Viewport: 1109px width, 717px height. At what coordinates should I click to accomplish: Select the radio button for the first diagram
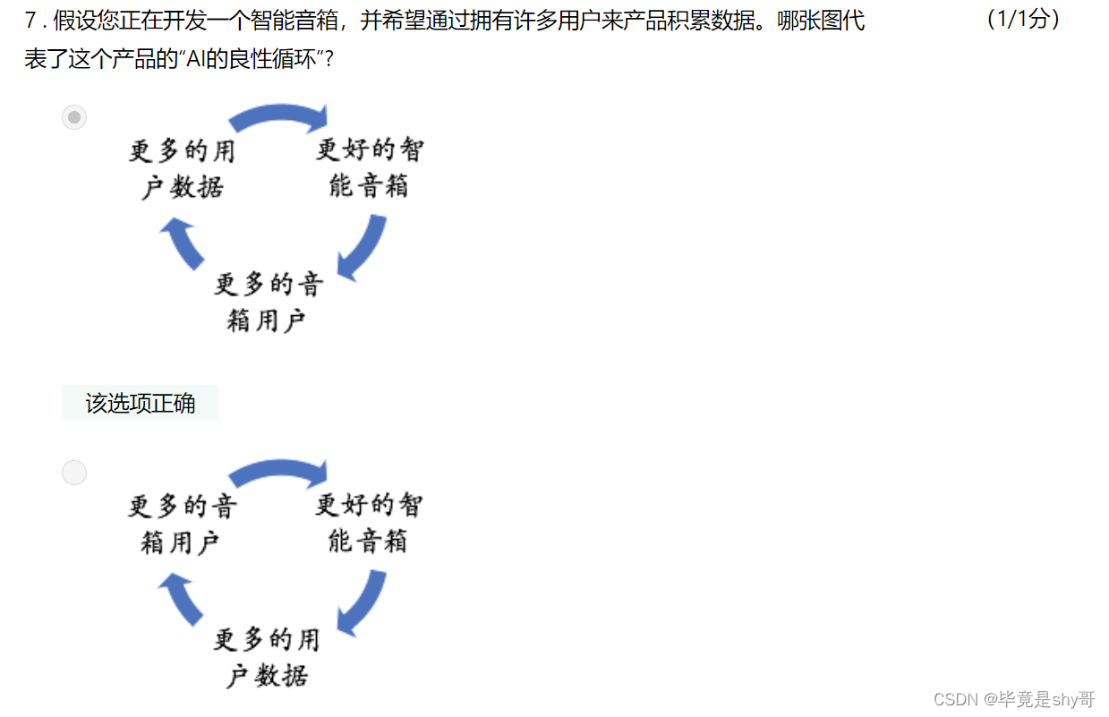tap(74, 117)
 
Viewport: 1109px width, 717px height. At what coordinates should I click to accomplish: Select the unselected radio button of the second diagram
tap(74, 473)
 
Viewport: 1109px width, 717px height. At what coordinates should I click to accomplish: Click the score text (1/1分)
tap(1023, 20)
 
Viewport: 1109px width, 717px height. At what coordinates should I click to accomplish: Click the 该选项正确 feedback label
tap(140, 403)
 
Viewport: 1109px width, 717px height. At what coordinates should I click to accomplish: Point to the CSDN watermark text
tap(1013, 699)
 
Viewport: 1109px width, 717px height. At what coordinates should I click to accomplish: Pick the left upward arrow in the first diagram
tap(183, 243)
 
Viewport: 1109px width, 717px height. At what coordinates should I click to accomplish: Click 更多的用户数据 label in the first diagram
tap(183, 168)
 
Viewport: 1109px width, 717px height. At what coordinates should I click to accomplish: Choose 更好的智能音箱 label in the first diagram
tap(369, 166)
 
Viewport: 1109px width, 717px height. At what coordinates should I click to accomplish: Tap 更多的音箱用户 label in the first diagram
tap(268, 302)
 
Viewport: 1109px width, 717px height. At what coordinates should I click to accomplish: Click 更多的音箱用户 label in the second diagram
tap(182, 524)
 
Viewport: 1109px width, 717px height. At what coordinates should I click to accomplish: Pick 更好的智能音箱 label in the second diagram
tap(368, 522)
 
